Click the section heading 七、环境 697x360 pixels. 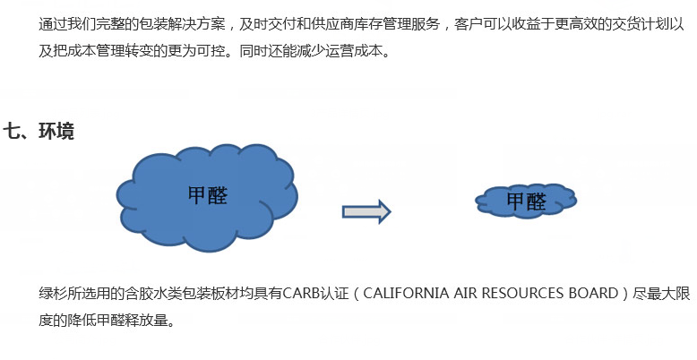pos(39,131)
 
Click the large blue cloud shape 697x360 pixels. pos(207,197)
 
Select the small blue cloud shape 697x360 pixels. pos(526,201)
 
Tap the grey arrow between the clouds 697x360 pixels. pos(366,211)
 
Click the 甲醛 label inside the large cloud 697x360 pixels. pos(208,195)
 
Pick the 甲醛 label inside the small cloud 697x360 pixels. pos(526,201)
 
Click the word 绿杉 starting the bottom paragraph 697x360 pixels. pos(53,294)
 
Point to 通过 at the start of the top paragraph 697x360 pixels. pos(53,24)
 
